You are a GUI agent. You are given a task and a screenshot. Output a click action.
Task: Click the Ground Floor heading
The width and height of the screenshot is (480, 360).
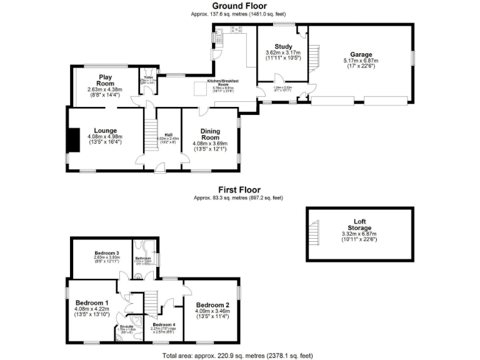point(239,6)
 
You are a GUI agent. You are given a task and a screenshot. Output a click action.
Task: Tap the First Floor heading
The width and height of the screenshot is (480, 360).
point(239,190)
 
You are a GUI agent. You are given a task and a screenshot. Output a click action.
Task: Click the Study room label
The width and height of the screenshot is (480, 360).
point(284,46)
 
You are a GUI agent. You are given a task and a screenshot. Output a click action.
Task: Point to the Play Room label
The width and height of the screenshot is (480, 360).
point(104,80)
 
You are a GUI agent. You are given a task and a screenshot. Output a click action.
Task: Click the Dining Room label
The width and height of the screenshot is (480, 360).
point(210,134)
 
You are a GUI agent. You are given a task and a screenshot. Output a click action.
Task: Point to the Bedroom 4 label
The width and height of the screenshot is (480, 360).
point(164,325)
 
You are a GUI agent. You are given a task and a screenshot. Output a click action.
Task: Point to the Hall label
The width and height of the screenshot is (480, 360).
point(168,134)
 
